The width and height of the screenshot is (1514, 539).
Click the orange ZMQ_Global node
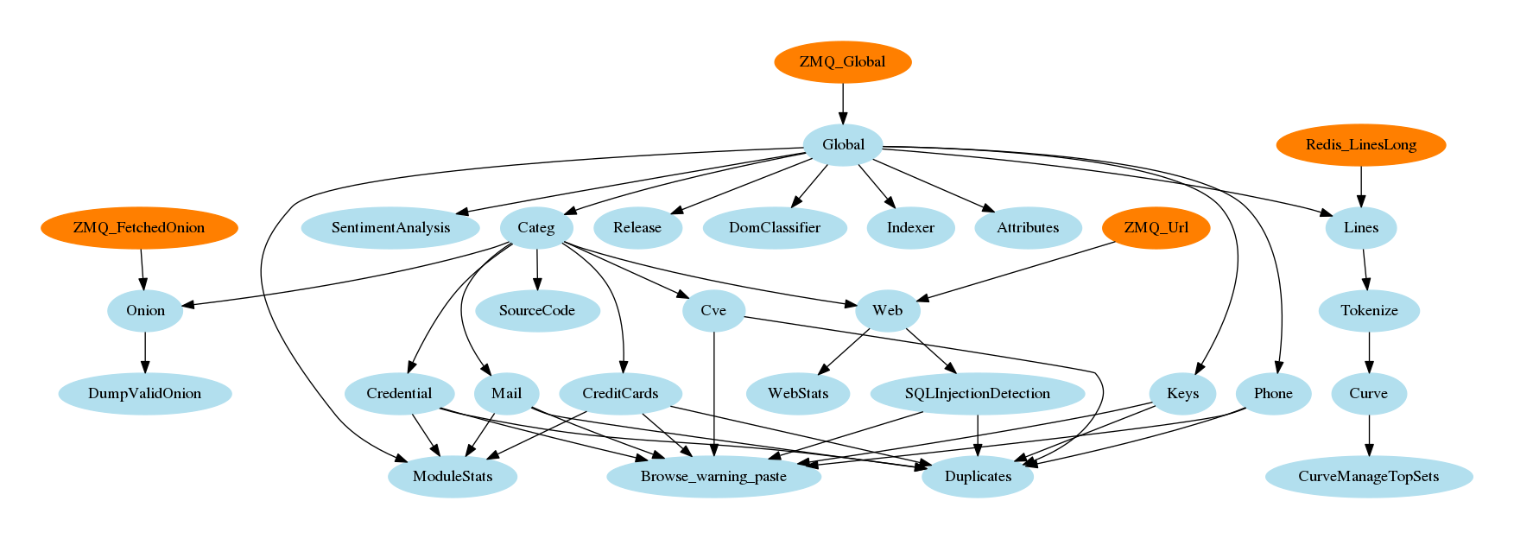pos(842,62)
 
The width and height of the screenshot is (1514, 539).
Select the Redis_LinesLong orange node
pos(1360,145)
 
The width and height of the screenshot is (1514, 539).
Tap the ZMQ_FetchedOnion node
pos(139,228)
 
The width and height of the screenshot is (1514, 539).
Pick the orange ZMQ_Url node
pos(1156,228)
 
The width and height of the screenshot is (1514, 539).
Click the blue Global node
pos(843,145)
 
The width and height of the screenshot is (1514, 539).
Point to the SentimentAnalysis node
pos(390,228)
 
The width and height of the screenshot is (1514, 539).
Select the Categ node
pos(535,228)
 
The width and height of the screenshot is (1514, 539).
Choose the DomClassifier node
pos(775,228)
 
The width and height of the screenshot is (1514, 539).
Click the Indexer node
pos(910,228)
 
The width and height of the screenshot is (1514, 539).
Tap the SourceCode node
pos(536,311)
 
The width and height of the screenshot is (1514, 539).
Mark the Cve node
pos(713,311)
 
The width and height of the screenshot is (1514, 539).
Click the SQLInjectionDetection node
pos(977,394)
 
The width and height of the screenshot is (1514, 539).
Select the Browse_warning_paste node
pos(713,477)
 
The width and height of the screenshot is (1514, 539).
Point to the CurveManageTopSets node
pos(1368,477)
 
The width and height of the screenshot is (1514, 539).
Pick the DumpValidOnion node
pos(145,394)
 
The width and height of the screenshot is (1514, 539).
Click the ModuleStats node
pos(453,477)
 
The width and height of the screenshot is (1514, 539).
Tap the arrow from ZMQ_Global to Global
pos(843,104)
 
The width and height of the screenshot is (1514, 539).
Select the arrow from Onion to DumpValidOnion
pos(145,352)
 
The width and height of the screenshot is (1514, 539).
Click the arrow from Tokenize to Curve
pos(1369,352)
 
